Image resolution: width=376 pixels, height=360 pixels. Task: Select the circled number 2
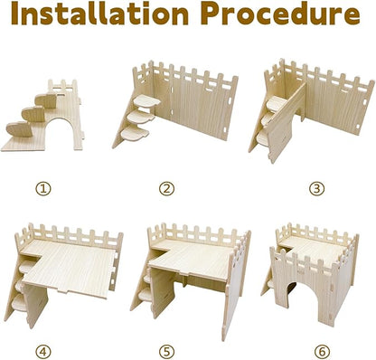pyautogui.click(x=166, y=189)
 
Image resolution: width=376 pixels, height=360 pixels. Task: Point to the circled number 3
pyautogui.click(x=290, y=189)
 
